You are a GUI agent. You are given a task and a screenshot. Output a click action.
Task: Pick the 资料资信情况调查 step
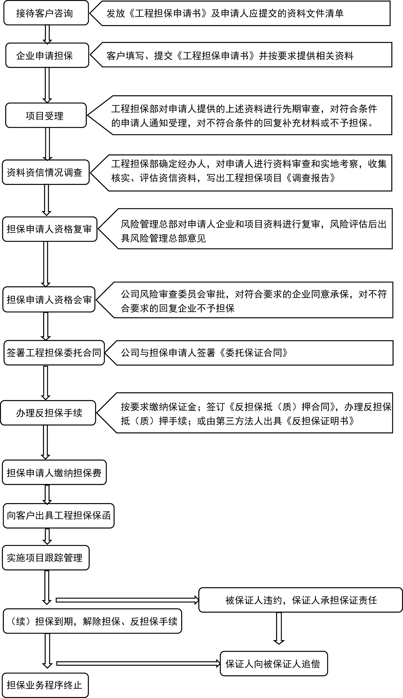[x=46, y=172]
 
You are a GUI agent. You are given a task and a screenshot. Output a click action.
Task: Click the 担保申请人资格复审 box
[x=50, y=229]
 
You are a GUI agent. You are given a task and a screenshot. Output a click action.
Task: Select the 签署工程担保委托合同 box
[x=54, y=353]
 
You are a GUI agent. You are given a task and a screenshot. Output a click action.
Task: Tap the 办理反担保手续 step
[x=48, y=413]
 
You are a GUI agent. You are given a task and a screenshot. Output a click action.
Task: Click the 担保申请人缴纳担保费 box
[x=54, y=473]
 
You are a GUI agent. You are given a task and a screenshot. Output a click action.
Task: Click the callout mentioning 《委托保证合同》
[x=249, y=353]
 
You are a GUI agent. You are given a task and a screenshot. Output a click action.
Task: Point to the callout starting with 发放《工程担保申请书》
[x=240, y=13]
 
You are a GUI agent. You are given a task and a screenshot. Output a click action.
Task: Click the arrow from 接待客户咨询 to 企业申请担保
[x=47, y=34]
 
